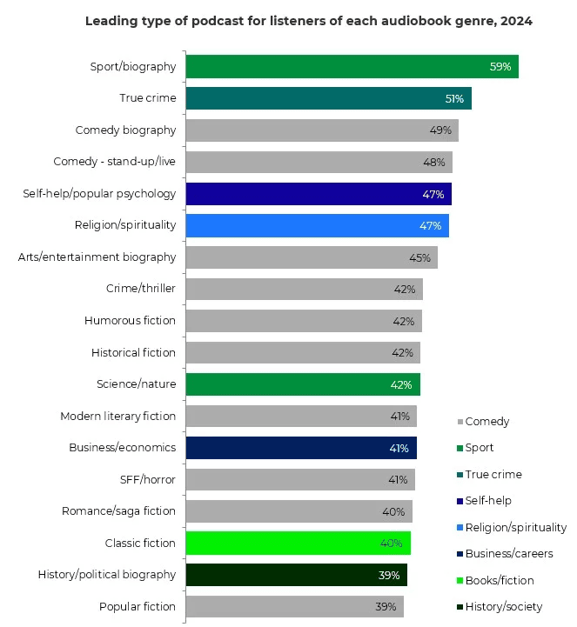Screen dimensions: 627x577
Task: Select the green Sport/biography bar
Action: coord(352,67)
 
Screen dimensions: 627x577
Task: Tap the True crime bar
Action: coord(328,98)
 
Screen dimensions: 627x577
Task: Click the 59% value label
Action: coord(500,67)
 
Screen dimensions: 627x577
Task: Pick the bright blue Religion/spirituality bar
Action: coord(317,225)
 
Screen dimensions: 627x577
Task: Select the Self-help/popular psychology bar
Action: coord(319,194)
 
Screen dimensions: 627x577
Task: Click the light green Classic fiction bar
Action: coord(298,544)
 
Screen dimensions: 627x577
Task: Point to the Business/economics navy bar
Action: coord(300,448)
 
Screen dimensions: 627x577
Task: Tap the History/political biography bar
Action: coord(296,575)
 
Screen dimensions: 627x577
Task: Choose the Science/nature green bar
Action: coord(302,384)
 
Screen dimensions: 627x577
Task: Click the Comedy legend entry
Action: coord(486,422)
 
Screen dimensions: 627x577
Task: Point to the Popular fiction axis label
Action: coord(138,606)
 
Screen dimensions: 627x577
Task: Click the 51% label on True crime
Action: coord(454,99)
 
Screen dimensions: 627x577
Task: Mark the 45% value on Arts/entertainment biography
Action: coord(419,257)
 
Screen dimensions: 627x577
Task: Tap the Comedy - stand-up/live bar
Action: coord(319,162)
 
